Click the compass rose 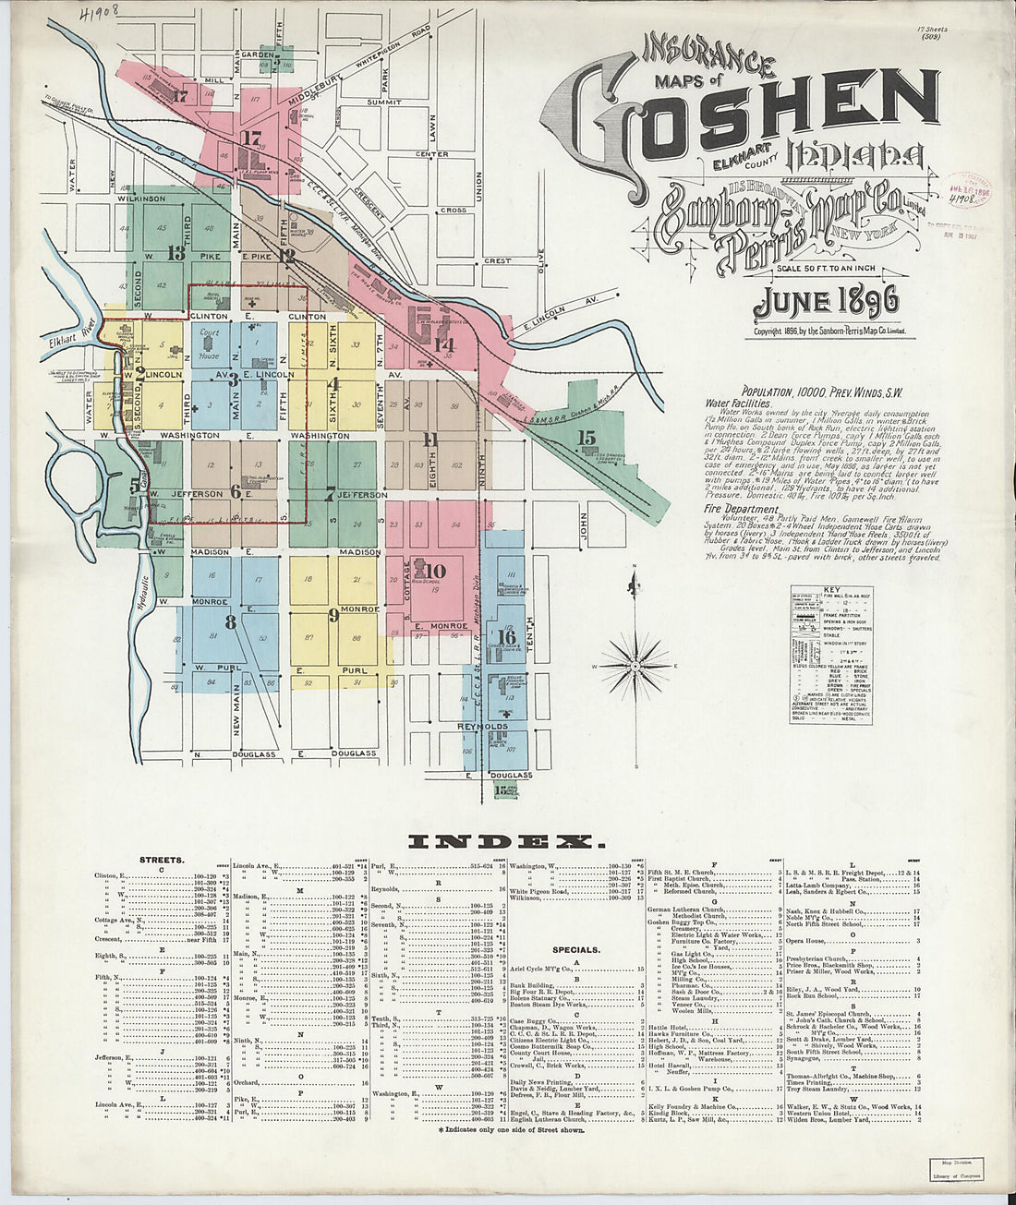coord(635,664)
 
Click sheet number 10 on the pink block coord(435,570)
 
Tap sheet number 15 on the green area coord(587,439)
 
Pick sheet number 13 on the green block coord(175,252)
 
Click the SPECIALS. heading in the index coord(576,948)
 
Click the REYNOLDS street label coord(484,727)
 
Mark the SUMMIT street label coord(382,102)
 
